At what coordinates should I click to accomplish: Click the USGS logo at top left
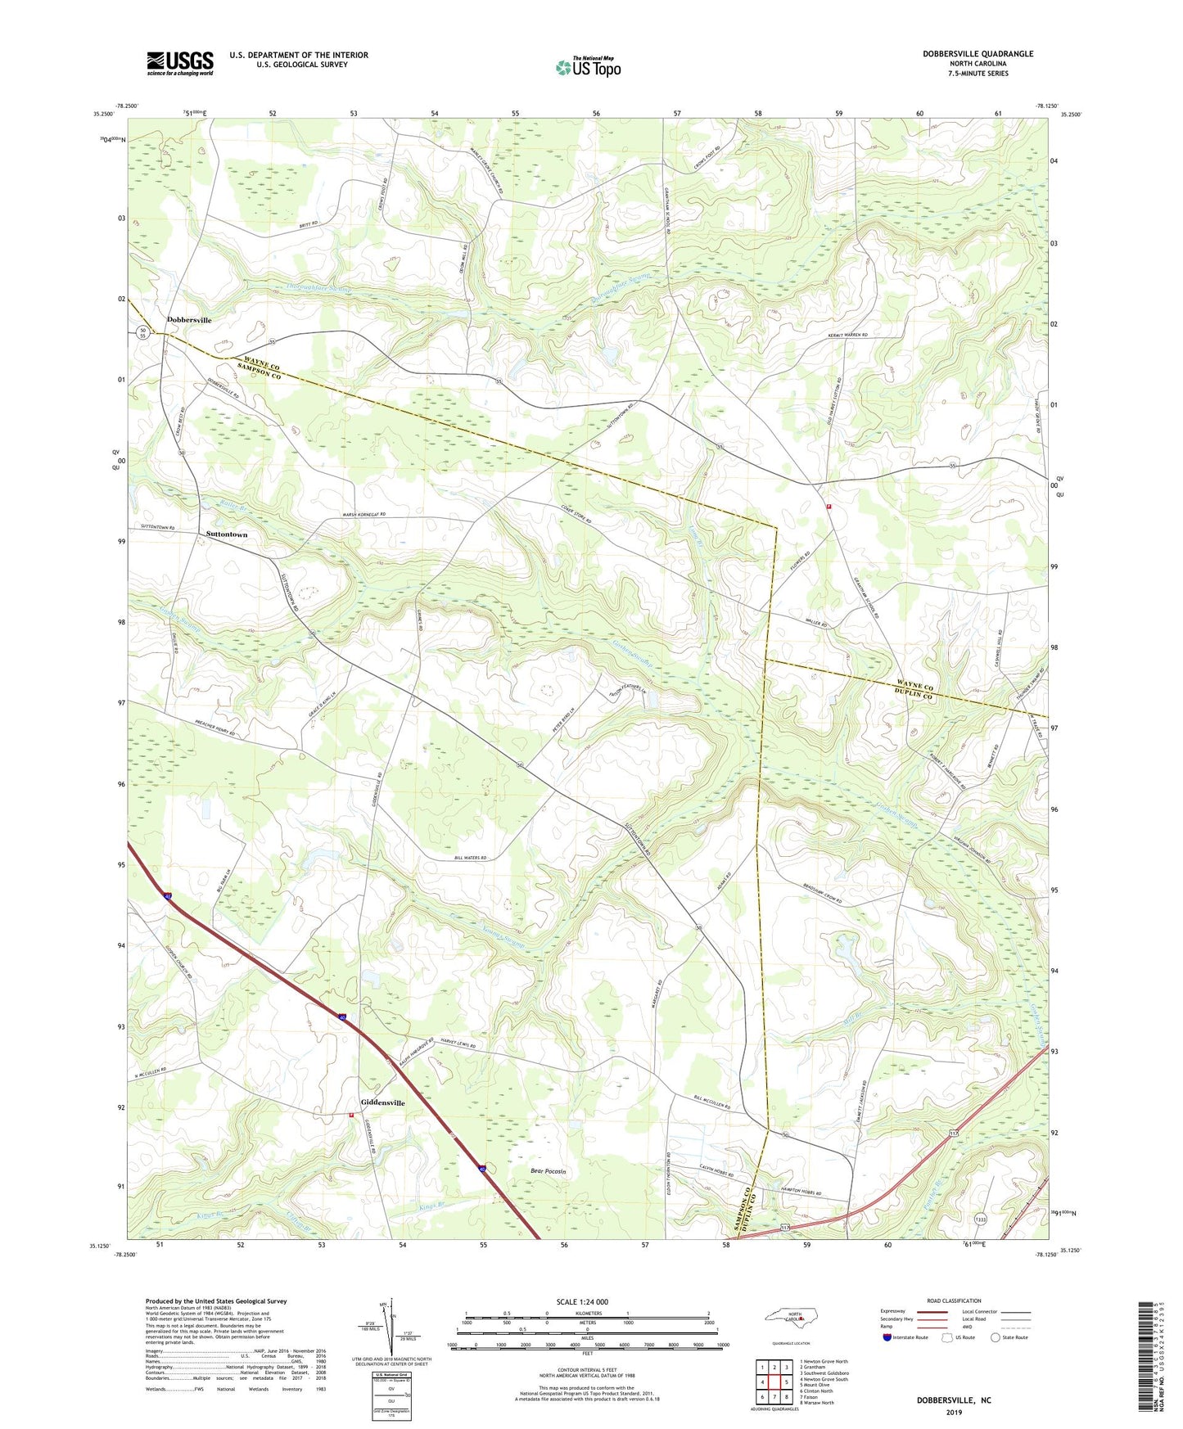179,63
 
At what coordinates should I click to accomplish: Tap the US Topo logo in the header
588,67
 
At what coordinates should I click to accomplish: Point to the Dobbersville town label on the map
189,320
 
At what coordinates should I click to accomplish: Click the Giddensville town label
383,1103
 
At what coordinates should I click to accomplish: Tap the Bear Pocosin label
548,1172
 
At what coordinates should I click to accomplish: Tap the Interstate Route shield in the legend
887,1337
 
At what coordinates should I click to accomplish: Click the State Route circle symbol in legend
996,1337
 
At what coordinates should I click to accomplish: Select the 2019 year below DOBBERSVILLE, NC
954,1413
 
